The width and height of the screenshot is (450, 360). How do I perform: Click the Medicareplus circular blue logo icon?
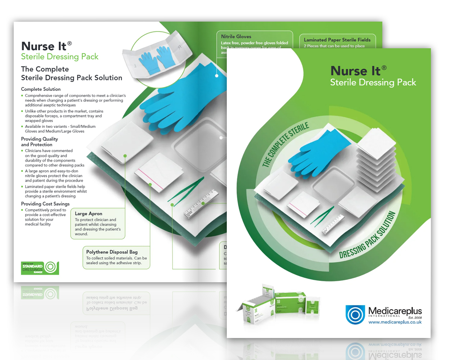coord(355,314)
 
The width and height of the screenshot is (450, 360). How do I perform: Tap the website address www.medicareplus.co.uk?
coord(395,322)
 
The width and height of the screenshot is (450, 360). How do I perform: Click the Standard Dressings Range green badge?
coord(40,268)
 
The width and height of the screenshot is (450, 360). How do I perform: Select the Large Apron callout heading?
coord(89,213)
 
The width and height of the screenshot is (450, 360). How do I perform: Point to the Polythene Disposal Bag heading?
coord(112,252)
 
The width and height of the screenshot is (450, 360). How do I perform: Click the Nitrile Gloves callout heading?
coord(236,36)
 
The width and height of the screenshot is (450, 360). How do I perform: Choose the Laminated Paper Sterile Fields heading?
coord(337,40)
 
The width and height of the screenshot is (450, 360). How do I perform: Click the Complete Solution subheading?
coord(41,89)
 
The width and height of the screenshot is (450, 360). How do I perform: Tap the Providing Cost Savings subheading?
coord(45,204)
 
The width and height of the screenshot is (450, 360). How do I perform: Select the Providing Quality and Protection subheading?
coord(39,141)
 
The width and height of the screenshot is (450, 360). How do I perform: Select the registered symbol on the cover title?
coord(384,68)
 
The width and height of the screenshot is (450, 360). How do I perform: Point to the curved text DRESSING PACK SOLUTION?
coord(369,236)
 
